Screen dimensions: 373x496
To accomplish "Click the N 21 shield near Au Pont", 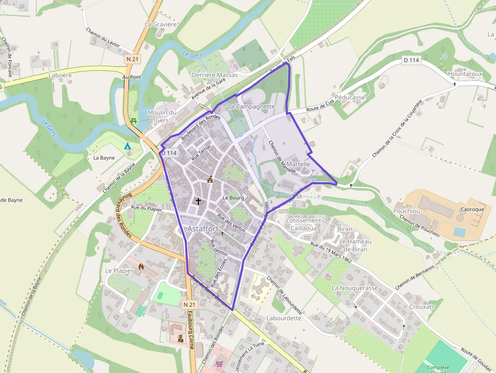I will [132, 59].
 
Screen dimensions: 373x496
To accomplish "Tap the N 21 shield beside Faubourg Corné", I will [189, 304].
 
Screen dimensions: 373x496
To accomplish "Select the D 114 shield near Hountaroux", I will [411, 60].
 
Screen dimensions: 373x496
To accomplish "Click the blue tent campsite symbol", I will [128, 146].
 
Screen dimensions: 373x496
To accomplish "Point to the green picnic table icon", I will [134, 121].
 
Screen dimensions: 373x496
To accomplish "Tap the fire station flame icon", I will [141, 266].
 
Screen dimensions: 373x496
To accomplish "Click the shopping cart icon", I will [219, 363].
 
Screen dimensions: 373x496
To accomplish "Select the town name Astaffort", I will [202, 229].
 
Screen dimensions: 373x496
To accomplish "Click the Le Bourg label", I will [233, 197].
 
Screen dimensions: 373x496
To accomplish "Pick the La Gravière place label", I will [160, 24].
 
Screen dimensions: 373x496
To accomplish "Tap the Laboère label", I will [60, 75].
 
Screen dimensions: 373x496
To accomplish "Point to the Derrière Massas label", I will [215, 75].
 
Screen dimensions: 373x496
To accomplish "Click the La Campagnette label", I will [251, 107].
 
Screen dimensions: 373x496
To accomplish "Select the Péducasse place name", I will [350, 97].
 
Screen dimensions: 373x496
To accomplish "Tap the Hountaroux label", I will [465, 74].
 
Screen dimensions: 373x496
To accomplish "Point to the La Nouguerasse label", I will [355, 288].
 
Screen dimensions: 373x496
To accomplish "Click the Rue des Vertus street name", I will [231, 223].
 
